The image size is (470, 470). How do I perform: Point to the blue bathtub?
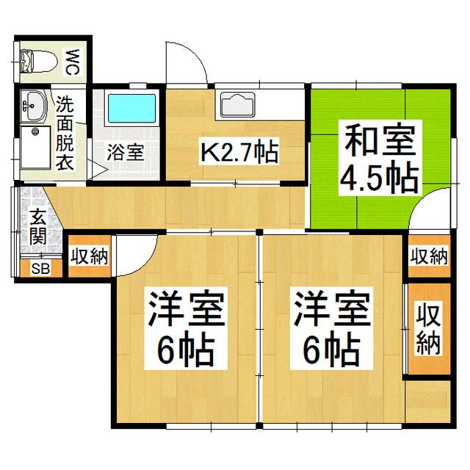(132, 109)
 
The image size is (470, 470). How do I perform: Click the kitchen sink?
(236, 105)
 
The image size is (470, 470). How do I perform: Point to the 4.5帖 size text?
(380, 177)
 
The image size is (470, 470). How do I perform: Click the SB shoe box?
(40, 268)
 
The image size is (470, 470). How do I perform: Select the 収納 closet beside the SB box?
(90, 256)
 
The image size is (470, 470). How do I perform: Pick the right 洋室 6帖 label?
(332, 328)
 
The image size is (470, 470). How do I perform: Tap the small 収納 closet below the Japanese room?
(429, 256)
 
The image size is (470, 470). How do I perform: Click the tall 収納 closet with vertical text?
(429, 328)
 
